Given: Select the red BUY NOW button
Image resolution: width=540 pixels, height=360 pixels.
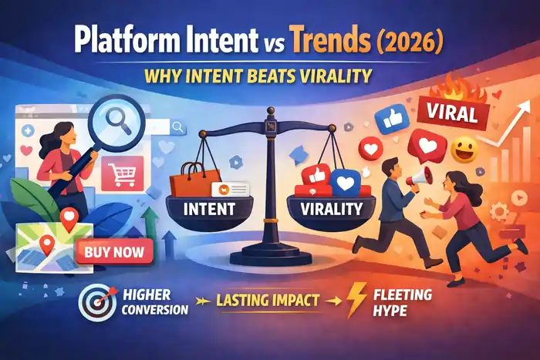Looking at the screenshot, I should click(x=115, y=251).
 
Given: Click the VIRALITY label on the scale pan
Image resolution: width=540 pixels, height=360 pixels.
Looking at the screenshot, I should click(x=326, y=208).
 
